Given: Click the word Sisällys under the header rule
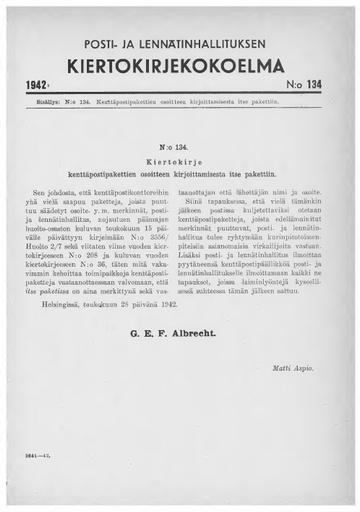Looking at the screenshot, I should tap(39, 115).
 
